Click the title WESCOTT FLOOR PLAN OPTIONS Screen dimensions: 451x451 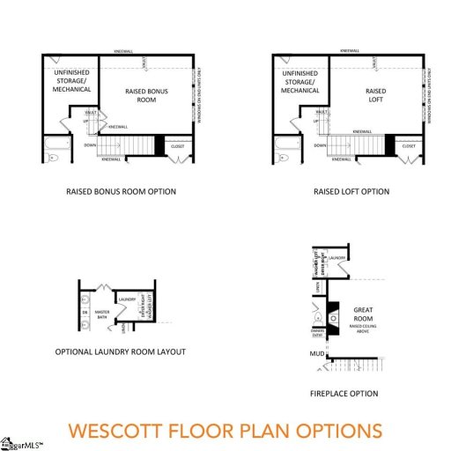(x=225, y=431)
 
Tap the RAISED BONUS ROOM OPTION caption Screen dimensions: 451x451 (x=121, y=192)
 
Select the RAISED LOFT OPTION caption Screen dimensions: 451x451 (x=351, y=192)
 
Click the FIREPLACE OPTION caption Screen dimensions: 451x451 (x=344, y=393)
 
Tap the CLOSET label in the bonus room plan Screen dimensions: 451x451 (x=178, y=145)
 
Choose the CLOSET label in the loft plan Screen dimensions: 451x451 (x=409, y=145)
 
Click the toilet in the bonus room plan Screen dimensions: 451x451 (x=52, y=158)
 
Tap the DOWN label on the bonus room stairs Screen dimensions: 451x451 (x=91, y=145)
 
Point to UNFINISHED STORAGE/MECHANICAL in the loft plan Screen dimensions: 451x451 (x=300, y=82)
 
